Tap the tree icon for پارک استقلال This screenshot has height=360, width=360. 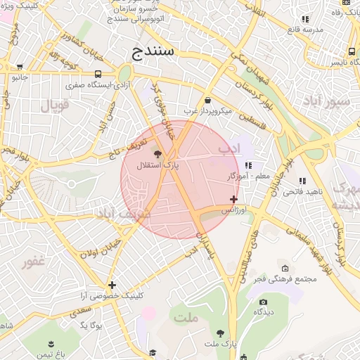pyautogui.click(x=157, y=153)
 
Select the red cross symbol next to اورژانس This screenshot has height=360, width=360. pyautogui.click(x=234, y=200)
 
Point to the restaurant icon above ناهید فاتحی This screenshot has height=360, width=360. pyautogui.click(x=303, y=181)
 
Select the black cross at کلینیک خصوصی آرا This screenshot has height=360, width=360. pyautogui.click(x=112, y=285)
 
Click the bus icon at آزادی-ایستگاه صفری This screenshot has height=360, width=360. pyautogui.click(x=97, y=74)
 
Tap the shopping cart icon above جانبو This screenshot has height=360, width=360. pyautogui.click(x=19, y=67)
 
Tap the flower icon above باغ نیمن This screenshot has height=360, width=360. pyautogui.click(x=51, y=343)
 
